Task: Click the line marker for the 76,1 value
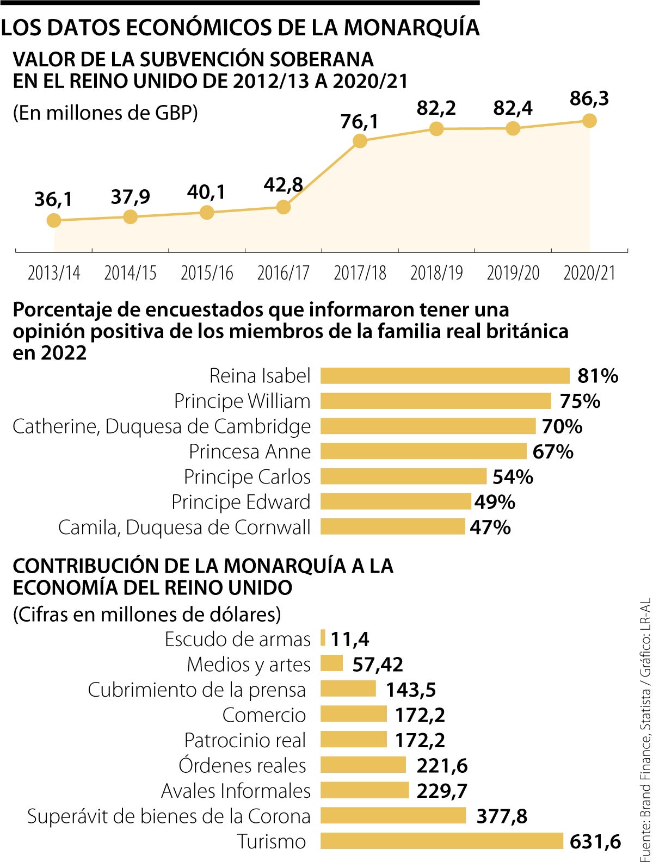[x=360, y=141]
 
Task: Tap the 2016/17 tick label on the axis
[x=283, y=272]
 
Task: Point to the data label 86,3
[x=589, y=99]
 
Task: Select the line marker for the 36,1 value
[x=54, y=220]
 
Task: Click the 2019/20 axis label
[x=513, y=272]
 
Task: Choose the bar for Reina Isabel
[x=445, y=376]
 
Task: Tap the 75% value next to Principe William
[x=580, y=401]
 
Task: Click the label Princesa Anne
[x=250, y=451]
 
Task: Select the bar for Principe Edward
[x=396, y=501]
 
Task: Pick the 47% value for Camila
[x=490, y=527]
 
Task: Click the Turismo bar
[x=441, y=841]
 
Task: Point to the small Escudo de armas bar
[x=323, y=638]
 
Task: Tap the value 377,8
[x=502, y=816]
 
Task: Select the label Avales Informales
[x=236, y=791]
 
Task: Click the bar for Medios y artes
[x=331, y=663]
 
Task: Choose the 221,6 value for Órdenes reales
[x=442, y=766]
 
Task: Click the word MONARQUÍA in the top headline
[x=411, y=27]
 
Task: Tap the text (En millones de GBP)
[x=105, y=113]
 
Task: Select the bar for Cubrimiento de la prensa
[x=348, y=689]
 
